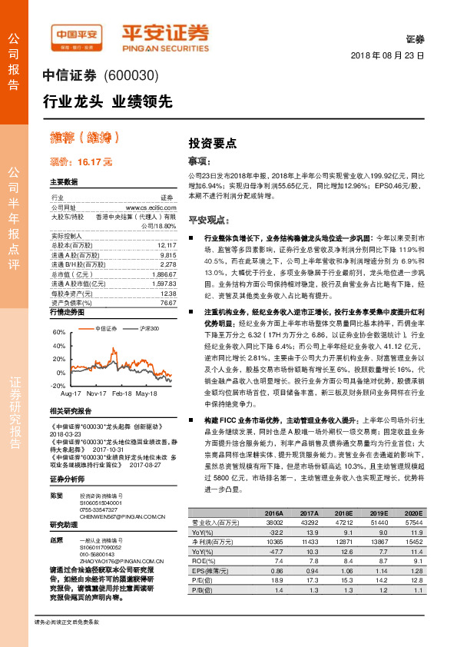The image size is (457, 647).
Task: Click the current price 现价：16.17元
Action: (x=81, y=162)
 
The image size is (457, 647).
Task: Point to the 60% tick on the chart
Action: (x=59, y=332)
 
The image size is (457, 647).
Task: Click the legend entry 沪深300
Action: (x=149, y=329)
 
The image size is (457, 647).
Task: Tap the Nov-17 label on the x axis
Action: (x=96, y=392)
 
